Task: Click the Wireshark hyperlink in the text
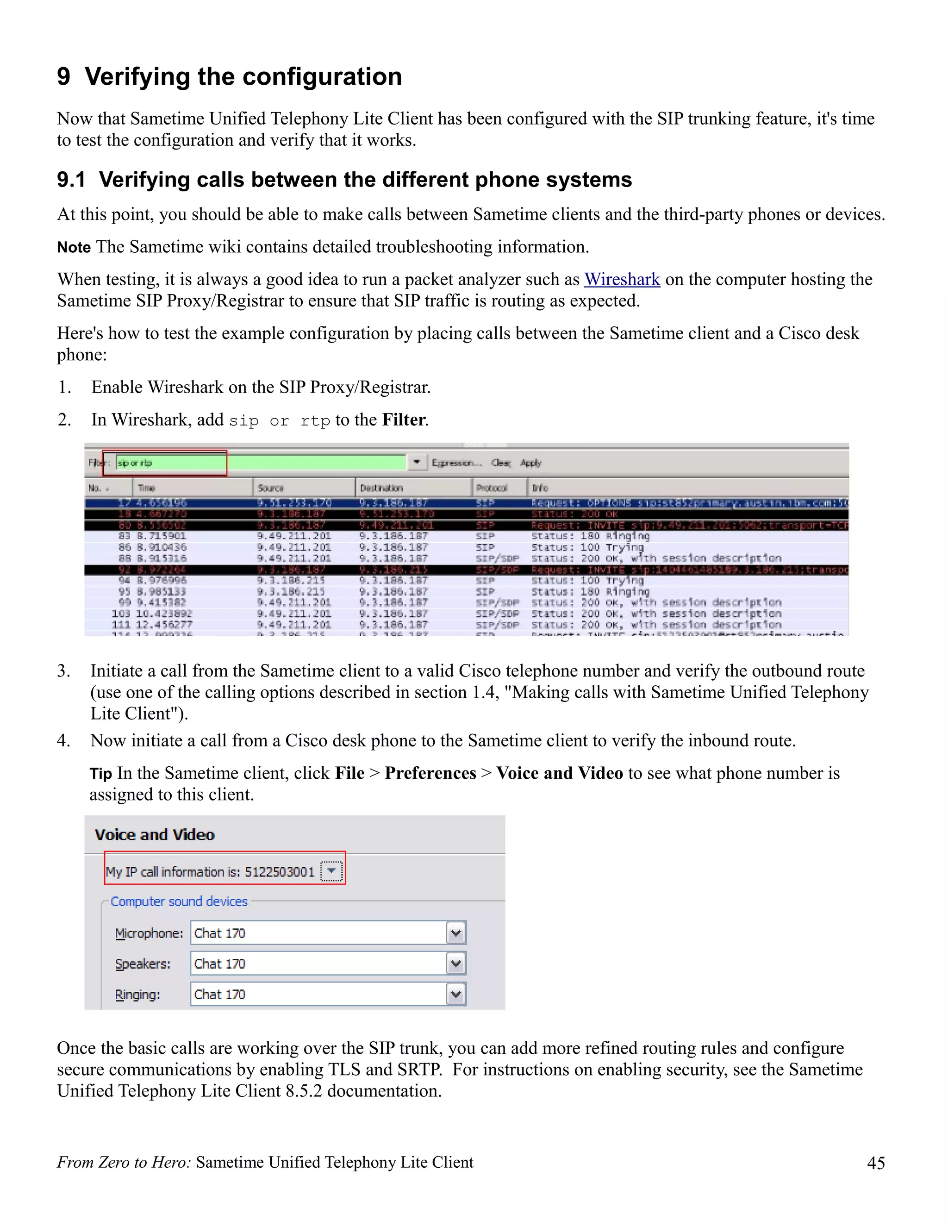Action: coord(621,279)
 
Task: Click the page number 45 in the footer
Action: coord(875,1162)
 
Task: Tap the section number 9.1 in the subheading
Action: coord(71,180)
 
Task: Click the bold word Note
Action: coord(74,247)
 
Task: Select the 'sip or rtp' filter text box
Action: coord(168,463)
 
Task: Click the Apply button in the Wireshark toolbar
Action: coord(530,463)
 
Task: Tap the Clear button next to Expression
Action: coord(500,463)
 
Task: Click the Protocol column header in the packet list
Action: coord(492,488)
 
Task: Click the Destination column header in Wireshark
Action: coord(381,488)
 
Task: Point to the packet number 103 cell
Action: coord(121,613)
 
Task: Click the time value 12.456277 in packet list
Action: coord(164,625)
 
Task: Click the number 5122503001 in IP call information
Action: coord(279,871)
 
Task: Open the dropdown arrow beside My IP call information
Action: coord(331,871)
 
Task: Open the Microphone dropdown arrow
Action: coord(455,933)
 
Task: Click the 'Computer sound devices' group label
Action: coord(179,901)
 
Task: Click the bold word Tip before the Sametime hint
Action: coord(100,774)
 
